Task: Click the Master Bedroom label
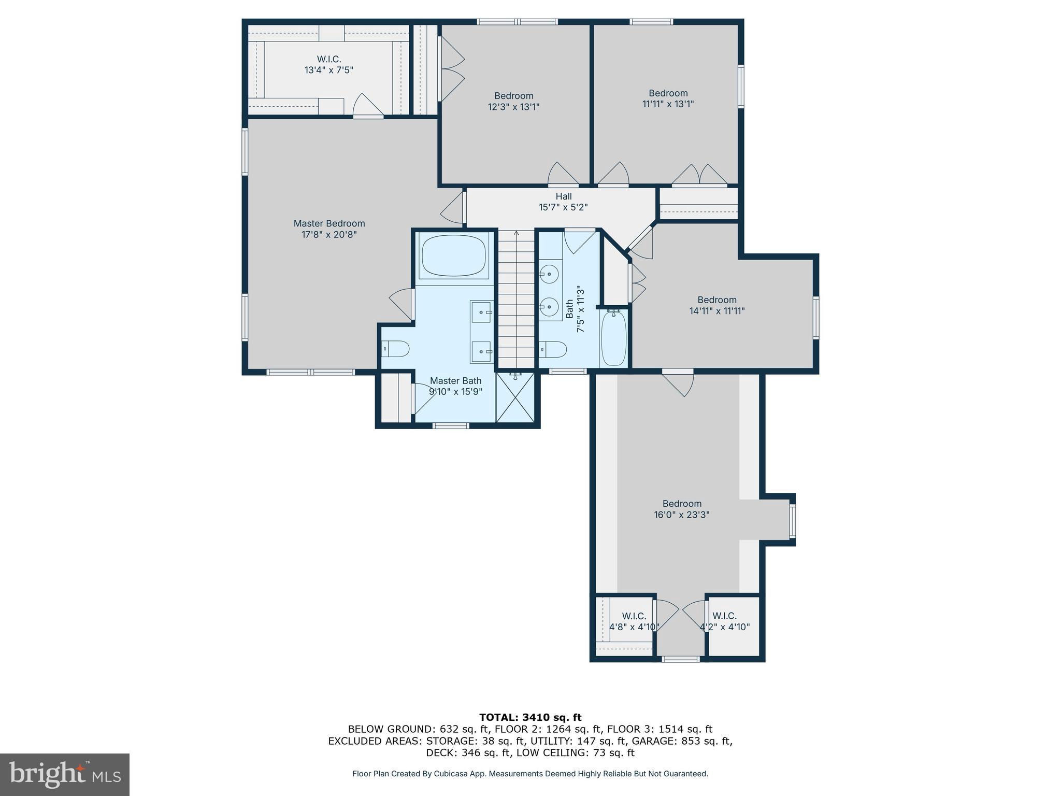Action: click(329, 229)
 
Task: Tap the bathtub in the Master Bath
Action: click(454, 255)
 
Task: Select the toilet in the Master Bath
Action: click(396, 349)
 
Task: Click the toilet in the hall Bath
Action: click(553, 349)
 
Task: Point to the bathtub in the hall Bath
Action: click(614, 337)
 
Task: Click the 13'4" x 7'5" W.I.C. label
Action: click(329, 64)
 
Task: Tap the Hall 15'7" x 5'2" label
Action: click(563, 202)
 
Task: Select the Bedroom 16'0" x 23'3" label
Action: click(681, 509)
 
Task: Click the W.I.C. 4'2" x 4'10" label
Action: click(724, 621)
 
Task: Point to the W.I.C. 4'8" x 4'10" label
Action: click(634, 621)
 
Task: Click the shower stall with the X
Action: click(515, 398)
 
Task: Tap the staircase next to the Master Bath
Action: click(516, 301)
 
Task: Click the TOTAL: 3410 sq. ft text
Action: click(530, 717)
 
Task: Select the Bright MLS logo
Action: click(65, 774)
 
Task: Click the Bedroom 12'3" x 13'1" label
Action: click(513, 101)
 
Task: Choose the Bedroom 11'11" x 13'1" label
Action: click(668, 98)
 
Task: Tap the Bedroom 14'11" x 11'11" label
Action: click(716, 305)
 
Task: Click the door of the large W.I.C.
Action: click(368, 107)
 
